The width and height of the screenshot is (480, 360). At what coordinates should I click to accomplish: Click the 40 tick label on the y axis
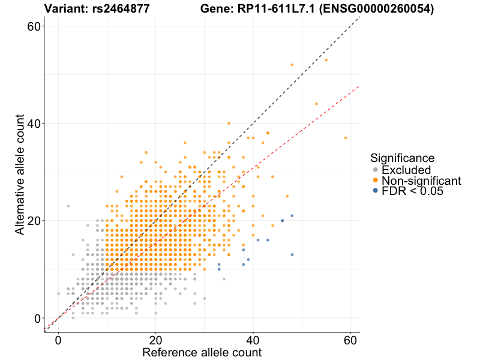(35, 124)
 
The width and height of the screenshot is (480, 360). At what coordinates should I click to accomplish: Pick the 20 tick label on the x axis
(156, 339)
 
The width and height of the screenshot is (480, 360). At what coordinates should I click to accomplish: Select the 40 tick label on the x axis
(253, 339)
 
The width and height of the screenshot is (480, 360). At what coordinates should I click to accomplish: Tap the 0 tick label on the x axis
(58, 339)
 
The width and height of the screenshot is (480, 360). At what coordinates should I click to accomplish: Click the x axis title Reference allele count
(202, 352)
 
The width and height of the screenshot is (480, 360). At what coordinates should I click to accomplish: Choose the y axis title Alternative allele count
(20, 172)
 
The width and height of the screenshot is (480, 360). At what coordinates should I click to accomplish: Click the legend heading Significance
(402, 158)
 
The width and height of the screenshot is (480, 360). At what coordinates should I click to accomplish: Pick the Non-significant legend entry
(421, 181)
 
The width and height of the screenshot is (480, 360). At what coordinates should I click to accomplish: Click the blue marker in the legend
(376, 191)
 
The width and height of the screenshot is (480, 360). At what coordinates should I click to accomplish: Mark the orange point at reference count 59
(346, 137)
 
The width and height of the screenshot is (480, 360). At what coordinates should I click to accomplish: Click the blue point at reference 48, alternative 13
(292, 254)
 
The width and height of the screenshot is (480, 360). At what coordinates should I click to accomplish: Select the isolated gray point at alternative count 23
(68, 206)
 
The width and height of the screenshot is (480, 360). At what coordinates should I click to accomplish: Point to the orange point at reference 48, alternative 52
(292, 65)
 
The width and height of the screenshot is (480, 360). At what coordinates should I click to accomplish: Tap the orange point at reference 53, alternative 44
(316, 104)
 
